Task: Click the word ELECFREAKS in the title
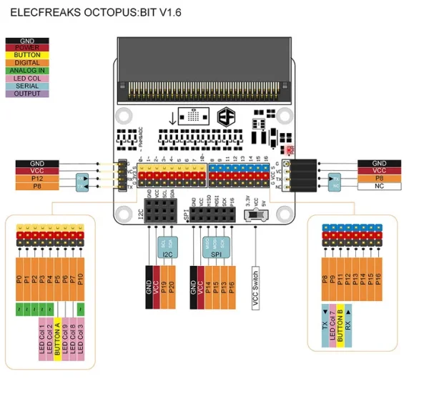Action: point(42,13)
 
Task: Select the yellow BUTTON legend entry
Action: point(27,55)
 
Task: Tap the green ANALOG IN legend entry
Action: point(27,71)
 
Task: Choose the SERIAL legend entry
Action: point(27,86)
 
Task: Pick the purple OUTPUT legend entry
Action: point(27,94)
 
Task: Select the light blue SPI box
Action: point(216,245)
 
